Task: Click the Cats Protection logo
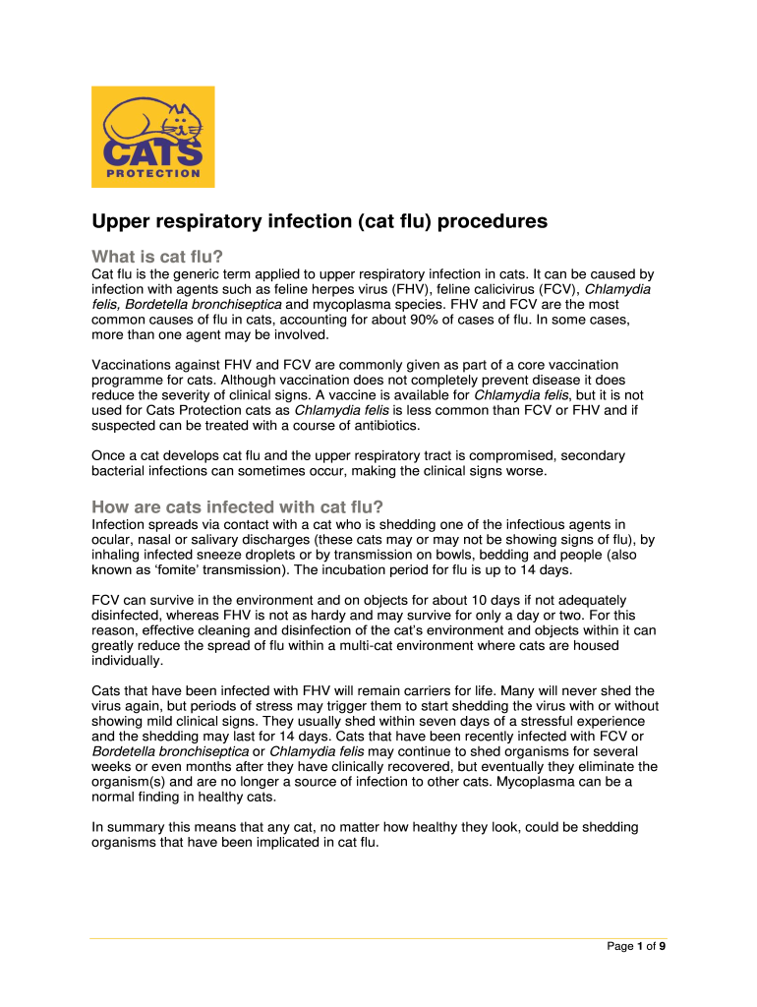[152, 137]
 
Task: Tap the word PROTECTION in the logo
[152, 174]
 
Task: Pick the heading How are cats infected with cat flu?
[237, 507]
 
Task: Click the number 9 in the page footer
[663, 947]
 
